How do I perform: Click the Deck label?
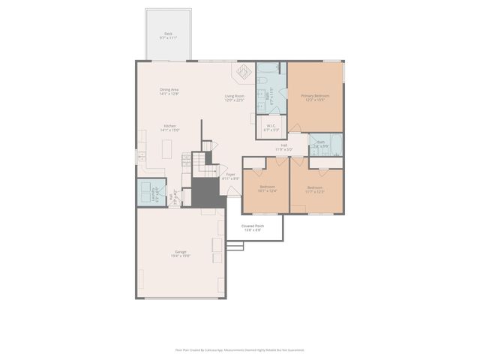168,34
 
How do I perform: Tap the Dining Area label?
169,91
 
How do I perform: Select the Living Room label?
235,97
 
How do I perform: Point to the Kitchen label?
169,127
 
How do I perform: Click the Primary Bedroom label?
315,97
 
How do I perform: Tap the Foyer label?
231,176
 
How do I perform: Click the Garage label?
181,253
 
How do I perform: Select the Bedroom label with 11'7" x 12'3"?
314,189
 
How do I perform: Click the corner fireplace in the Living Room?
244,72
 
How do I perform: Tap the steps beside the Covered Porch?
233,246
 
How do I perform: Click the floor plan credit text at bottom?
240,349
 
